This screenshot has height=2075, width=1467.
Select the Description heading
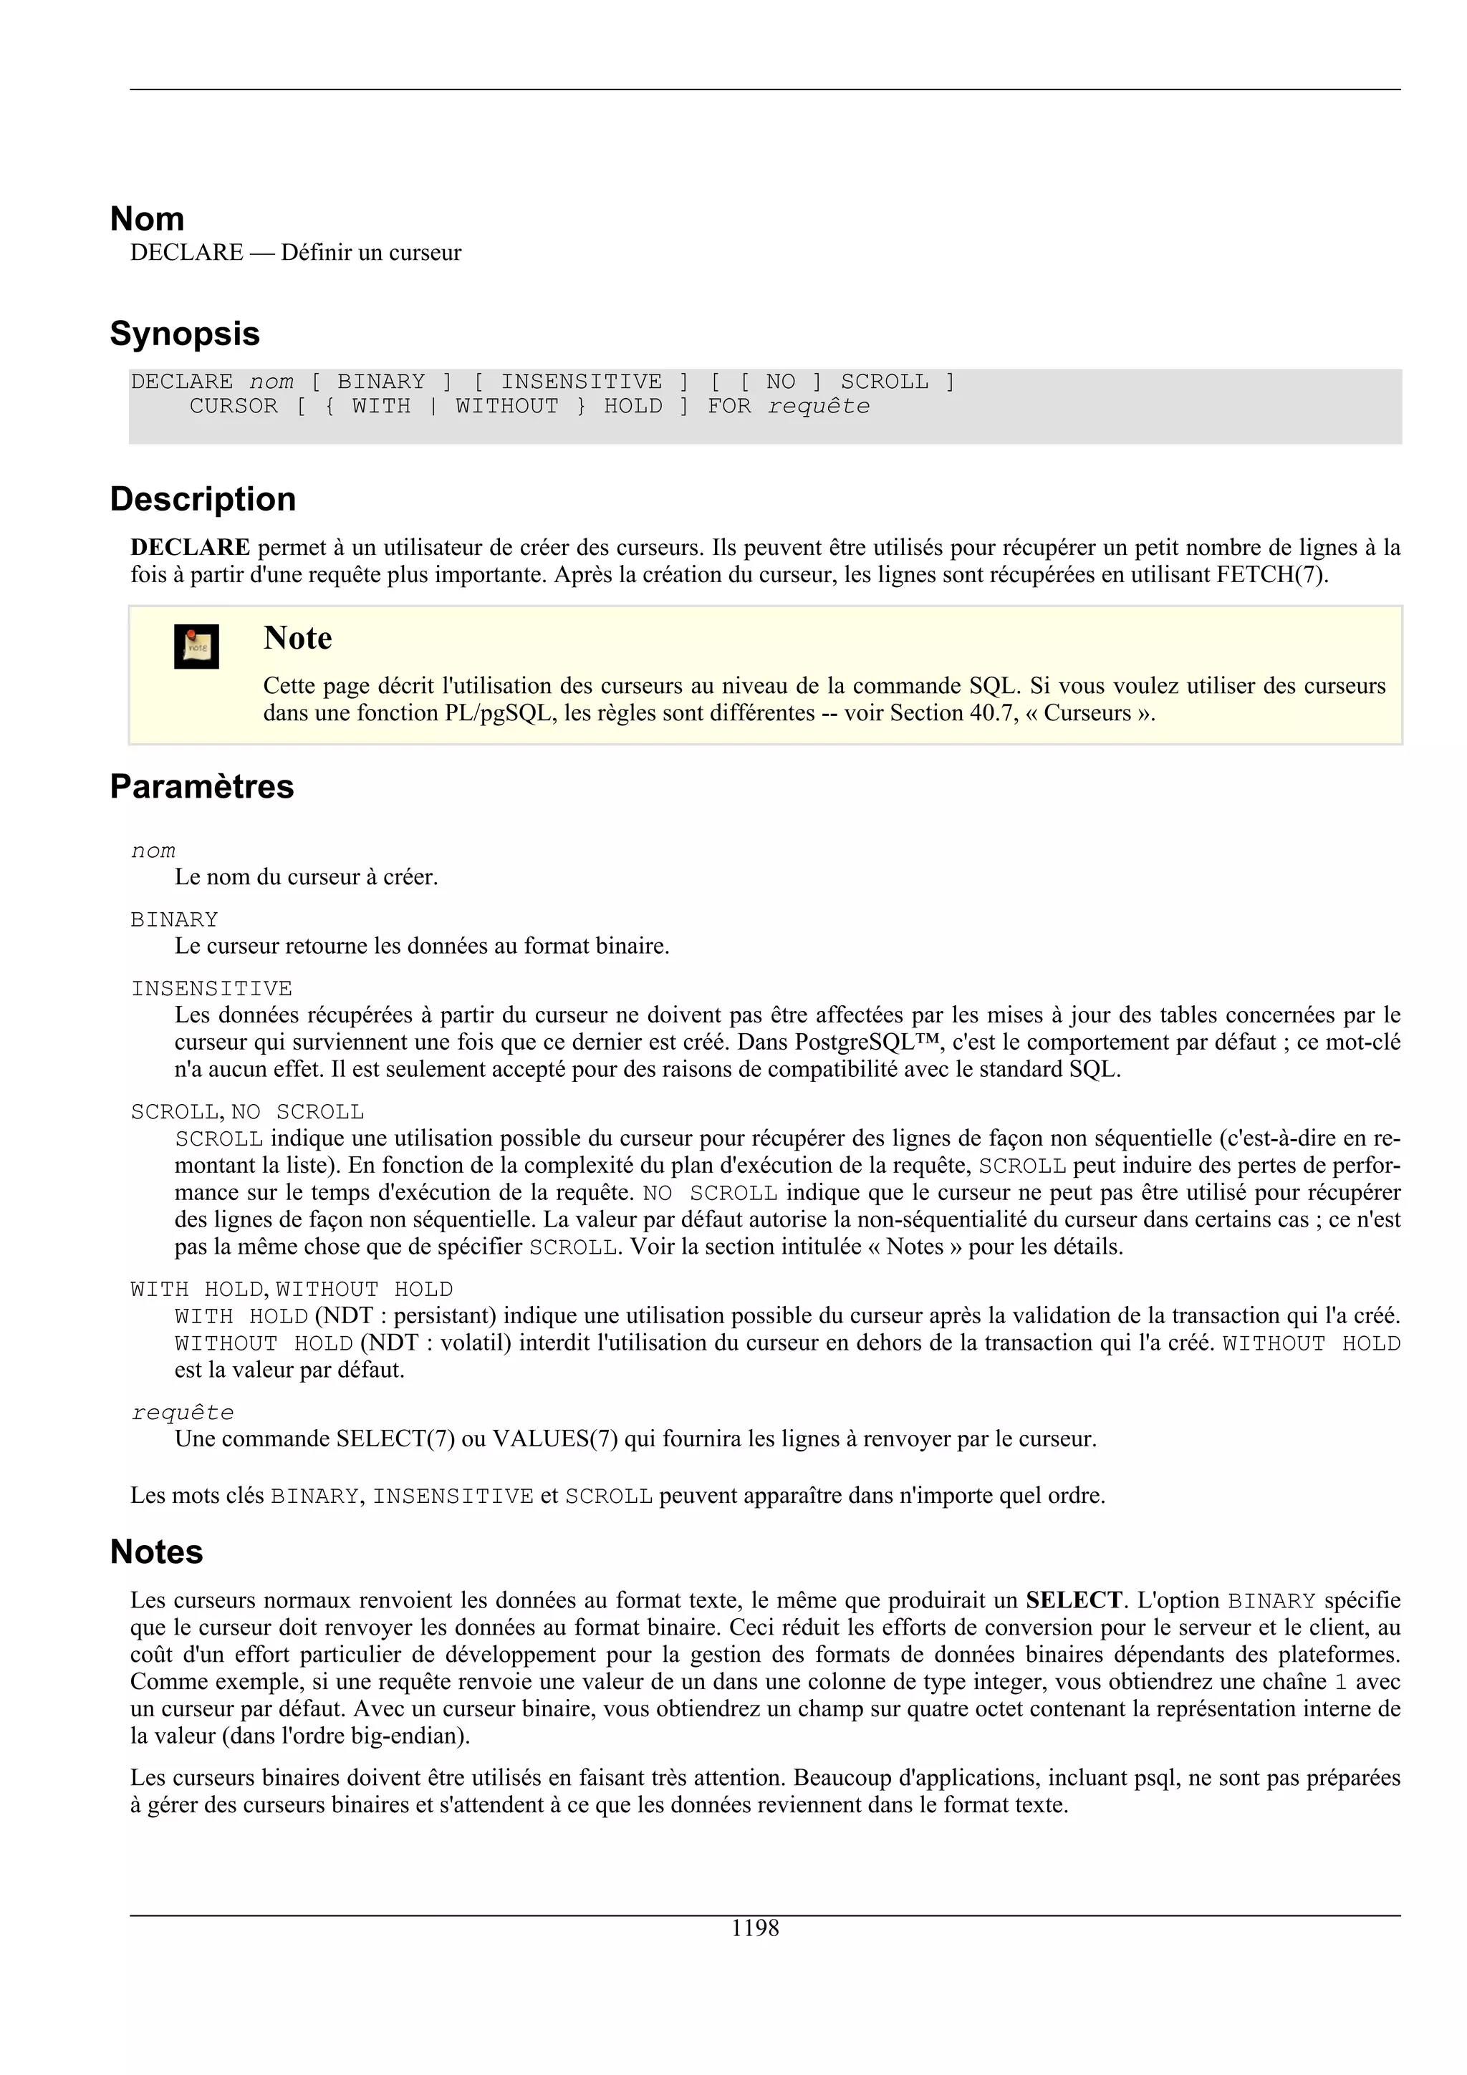pyautogui.click(x=203, y=499)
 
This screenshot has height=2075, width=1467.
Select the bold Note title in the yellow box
pyautogui.click(x=297, y=638)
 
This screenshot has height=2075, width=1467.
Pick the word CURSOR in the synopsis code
pyautogui.click(x=234, y=407)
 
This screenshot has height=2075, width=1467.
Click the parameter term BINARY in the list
pyautogui.click(x=175, y=920)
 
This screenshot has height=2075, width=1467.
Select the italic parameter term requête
pyautogui.click(x=183, y=1413)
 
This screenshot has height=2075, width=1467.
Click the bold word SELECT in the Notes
pyautogui.click(x=1074, y=1600)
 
